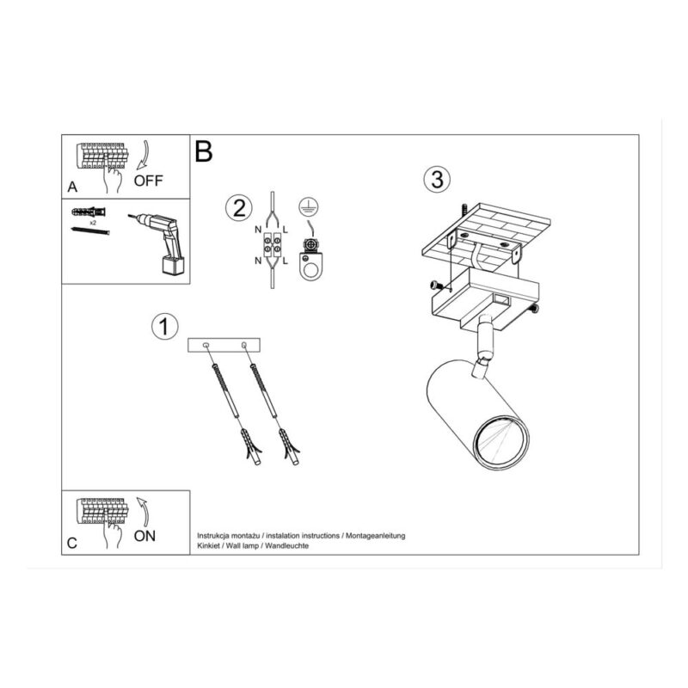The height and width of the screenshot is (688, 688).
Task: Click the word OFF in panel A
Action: [148, 181]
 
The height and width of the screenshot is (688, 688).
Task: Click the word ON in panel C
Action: [144, 536]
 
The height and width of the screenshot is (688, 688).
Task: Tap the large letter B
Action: [203, 151]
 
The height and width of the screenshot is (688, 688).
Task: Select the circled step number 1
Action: [164, 327]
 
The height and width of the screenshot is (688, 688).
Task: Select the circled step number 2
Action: [239, 208]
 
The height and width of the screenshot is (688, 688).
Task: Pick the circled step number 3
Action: [437, 179]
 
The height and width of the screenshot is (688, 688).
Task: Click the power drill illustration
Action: [159, 243]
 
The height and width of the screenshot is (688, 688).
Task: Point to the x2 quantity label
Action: [93, 223]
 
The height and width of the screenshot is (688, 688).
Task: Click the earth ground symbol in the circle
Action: [309, 207]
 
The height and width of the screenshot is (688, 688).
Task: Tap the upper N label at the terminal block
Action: [258, 230]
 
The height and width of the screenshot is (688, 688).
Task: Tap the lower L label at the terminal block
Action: [286, 261]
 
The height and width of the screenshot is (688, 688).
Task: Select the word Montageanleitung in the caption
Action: [376, 536]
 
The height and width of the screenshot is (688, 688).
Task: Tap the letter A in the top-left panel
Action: [72, 187]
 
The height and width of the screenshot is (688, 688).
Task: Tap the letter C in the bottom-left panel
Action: [72, 544]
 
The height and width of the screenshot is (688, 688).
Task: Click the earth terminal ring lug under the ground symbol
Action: [310, 267]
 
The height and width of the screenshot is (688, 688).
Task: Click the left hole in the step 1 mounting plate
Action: [206, 346]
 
